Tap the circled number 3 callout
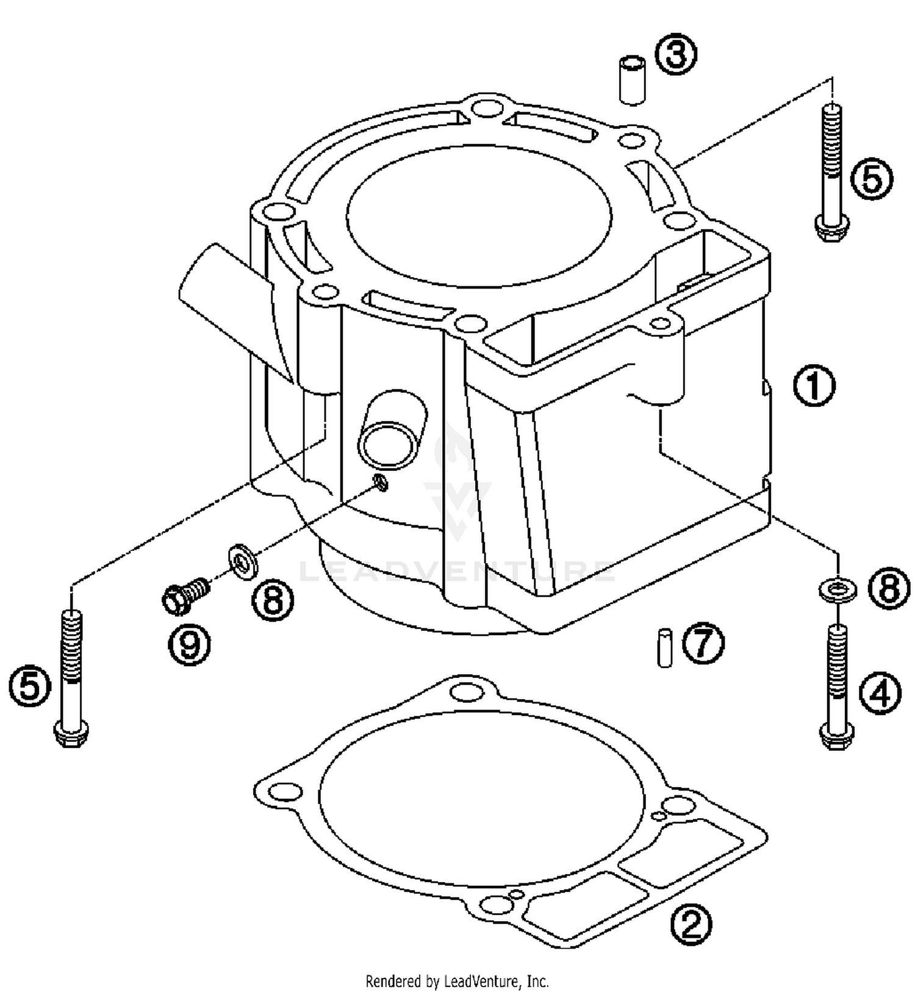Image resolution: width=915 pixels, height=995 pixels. [x=675, y=55]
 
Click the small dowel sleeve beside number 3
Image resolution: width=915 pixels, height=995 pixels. [x=632, y=80]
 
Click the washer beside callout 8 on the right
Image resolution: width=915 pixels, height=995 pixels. [x=838, y=589]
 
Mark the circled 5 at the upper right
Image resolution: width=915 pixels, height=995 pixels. [x=871, y=179]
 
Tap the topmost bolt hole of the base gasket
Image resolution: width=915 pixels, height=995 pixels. [x=467, y=692]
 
